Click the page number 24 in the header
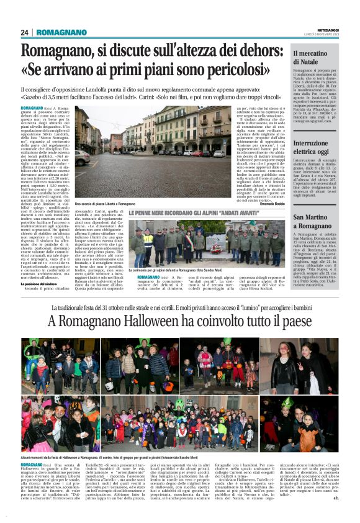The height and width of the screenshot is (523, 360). tap(25, 32)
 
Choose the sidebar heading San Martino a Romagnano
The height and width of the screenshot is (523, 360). tap(317, 221)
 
